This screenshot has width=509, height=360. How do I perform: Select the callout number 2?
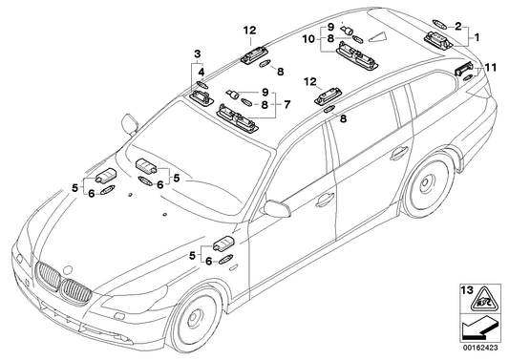[458, 26]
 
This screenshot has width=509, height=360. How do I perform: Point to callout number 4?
[201, 71]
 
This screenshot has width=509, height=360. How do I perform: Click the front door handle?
[324, 200]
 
